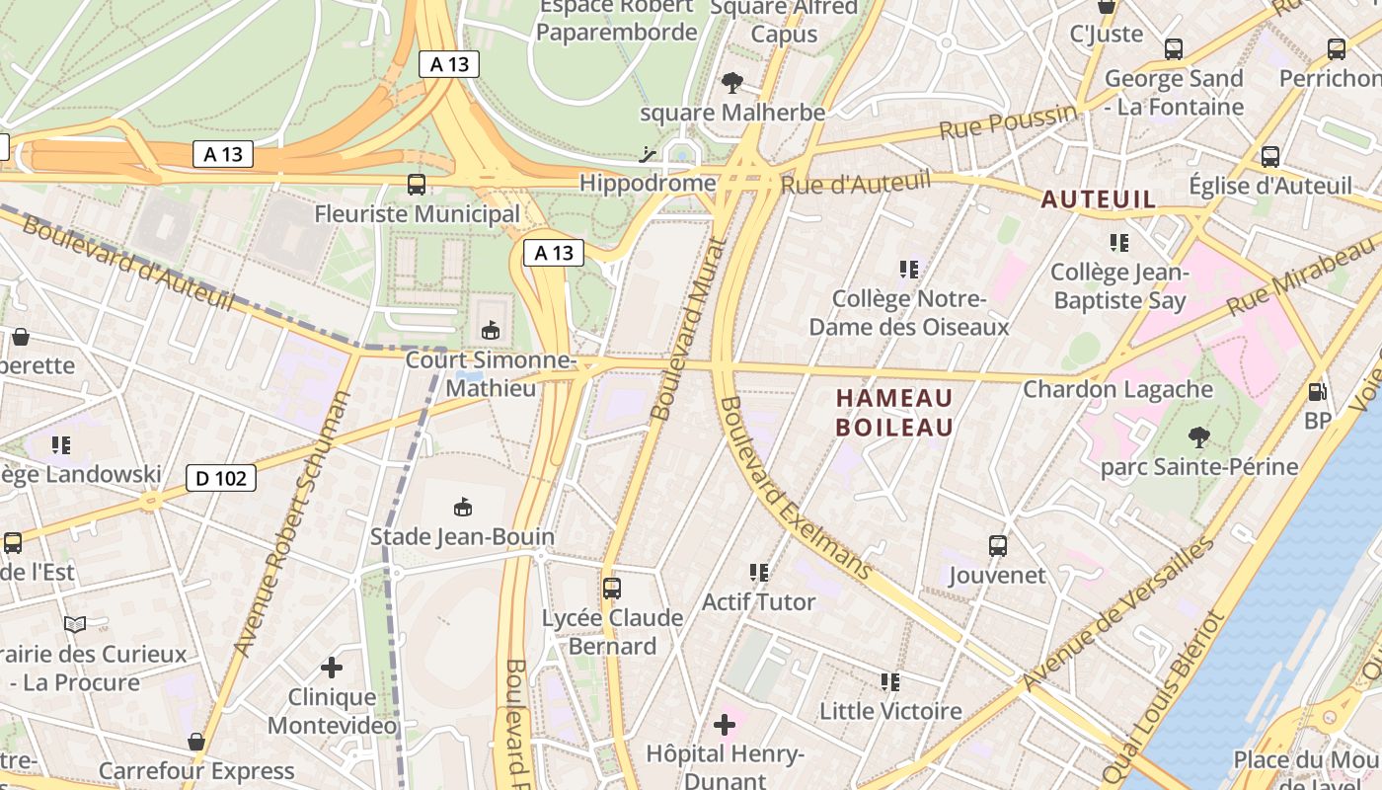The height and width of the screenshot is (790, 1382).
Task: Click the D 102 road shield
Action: click(221, 479)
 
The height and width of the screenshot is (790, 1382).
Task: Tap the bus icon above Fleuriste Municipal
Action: click(417, 184)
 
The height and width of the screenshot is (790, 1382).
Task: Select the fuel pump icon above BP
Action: click(1317, 391)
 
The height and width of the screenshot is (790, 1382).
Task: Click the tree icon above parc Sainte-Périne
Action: click(1199, 436)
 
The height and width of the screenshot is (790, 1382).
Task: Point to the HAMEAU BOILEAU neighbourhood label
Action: click(894, 413)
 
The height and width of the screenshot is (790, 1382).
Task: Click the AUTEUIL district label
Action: click(1099, 199)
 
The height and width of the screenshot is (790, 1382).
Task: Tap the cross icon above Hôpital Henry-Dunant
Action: click(725, 726)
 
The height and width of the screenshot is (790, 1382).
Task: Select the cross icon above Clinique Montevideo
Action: click(332, 668)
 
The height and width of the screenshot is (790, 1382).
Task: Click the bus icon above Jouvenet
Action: click(998, 545)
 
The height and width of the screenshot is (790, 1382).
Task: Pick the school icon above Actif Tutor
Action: click(758, 572)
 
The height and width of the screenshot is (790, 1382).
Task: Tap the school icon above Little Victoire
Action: click(890, 681)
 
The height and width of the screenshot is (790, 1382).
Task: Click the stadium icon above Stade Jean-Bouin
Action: click(462, 508)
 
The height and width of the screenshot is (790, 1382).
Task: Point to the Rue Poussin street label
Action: click(1007, 122)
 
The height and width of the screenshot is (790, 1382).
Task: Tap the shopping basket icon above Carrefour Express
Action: click(196, 742)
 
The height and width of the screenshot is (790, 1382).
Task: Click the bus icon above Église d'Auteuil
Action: click(1270, 156)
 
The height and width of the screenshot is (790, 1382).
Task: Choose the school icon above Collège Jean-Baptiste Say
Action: click(1118, 242)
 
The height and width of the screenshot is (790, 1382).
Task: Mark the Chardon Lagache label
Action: click(1117, 389)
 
